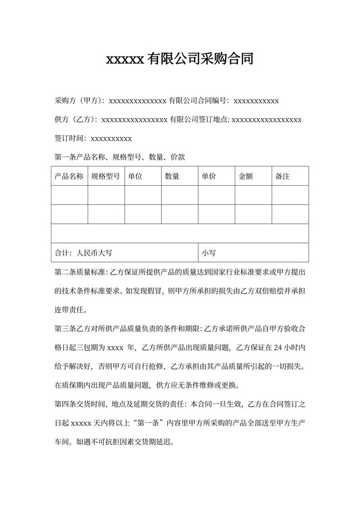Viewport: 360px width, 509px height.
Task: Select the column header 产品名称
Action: click(x=69, y=176)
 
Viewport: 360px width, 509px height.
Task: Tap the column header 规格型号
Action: click(x=105, y=176)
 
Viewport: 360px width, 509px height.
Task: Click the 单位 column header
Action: click(x=136, y=176)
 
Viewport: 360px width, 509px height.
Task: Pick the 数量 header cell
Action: click(x=172, y=176)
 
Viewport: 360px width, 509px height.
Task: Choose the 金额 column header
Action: click(x=246, y=176)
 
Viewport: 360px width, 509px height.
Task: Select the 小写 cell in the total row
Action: click(x=209, y=253)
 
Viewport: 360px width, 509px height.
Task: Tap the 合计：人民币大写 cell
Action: click(x=84, y=253)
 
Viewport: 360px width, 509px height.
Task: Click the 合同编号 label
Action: click(x=211, y=101)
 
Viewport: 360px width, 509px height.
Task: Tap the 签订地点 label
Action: click(x=211, y=120)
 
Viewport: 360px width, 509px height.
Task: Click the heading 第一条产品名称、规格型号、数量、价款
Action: click(x=120, y=156)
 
